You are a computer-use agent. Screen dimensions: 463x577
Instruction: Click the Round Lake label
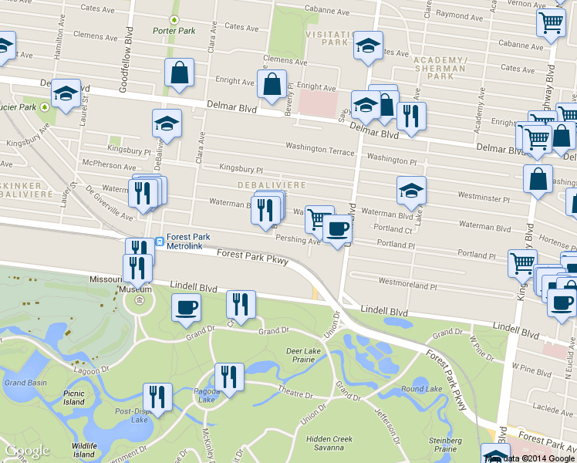click(x=420, y=389)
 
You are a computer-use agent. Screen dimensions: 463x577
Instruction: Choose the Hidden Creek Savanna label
click(x=329, y=443)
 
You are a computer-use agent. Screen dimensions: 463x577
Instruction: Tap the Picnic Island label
click(x=74, y=397)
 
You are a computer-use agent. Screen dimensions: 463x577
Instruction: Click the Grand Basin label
click(x=25, y=382)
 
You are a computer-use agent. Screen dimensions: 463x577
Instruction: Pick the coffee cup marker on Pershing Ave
click(x=337, y=229)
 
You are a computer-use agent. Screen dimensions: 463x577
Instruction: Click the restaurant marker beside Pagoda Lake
click(x=228, y=377)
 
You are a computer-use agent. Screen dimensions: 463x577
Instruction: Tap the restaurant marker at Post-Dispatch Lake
click(x=157, y=397)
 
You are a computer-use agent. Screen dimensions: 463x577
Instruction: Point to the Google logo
click(x=27, y=451)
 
